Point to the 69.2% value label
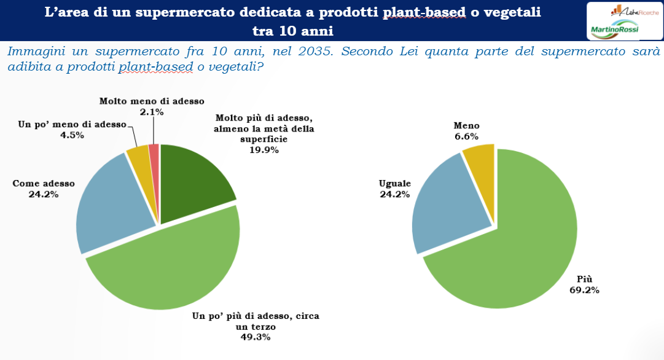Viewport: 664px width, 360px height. click(x=584, y=290)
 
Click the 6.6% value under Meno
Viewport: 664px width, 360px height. click(x=466, y=136)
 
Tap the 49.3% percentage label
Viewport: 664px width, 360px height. click(x=256, y=337)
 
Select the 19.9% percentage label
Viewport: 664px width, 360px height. click(x=264, y=150)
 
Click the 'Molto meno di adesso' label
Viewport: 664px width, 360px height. click(x=152, y=101)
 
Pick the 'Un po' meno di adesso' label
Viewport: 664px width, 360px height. click(x=72, y=125)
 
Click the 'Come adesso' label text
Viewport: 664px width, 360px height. click(x=44, y=184)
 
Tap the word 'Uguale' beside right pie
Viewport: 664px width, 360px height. click(x=395, y=184)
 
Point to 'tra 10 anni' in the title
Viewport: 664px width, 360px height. click(x=292, y=31)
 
